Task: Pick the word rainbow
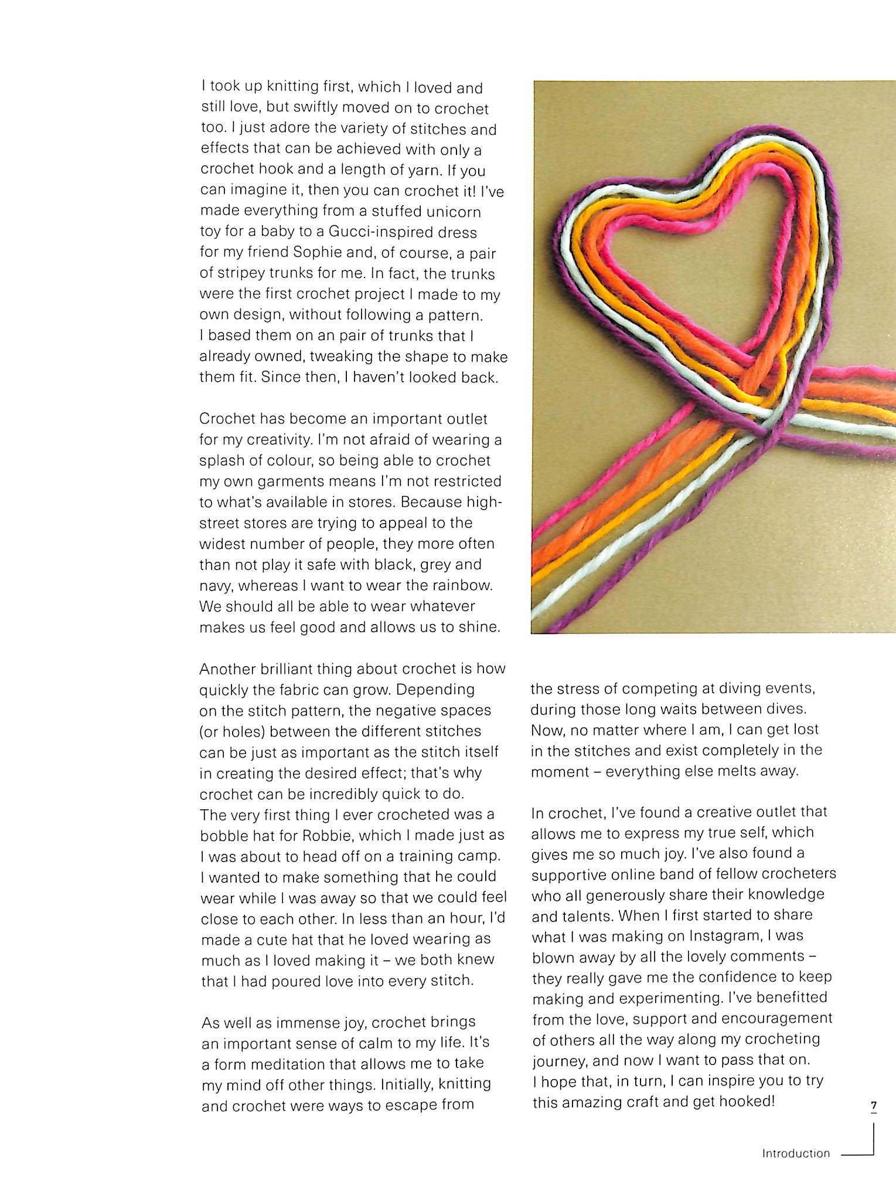click(x=462, y=585)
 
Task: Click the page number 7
click(x=873, y=1106)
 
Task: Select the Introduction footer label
click(x=796, y=1154)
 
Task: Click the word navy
click(x=216, y=586)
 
